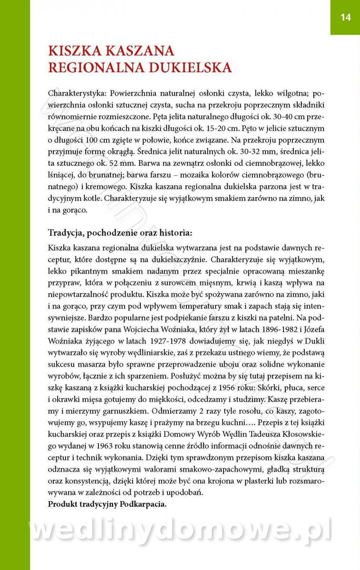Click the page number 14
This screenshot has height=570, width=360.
click(x=345, y=18)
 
